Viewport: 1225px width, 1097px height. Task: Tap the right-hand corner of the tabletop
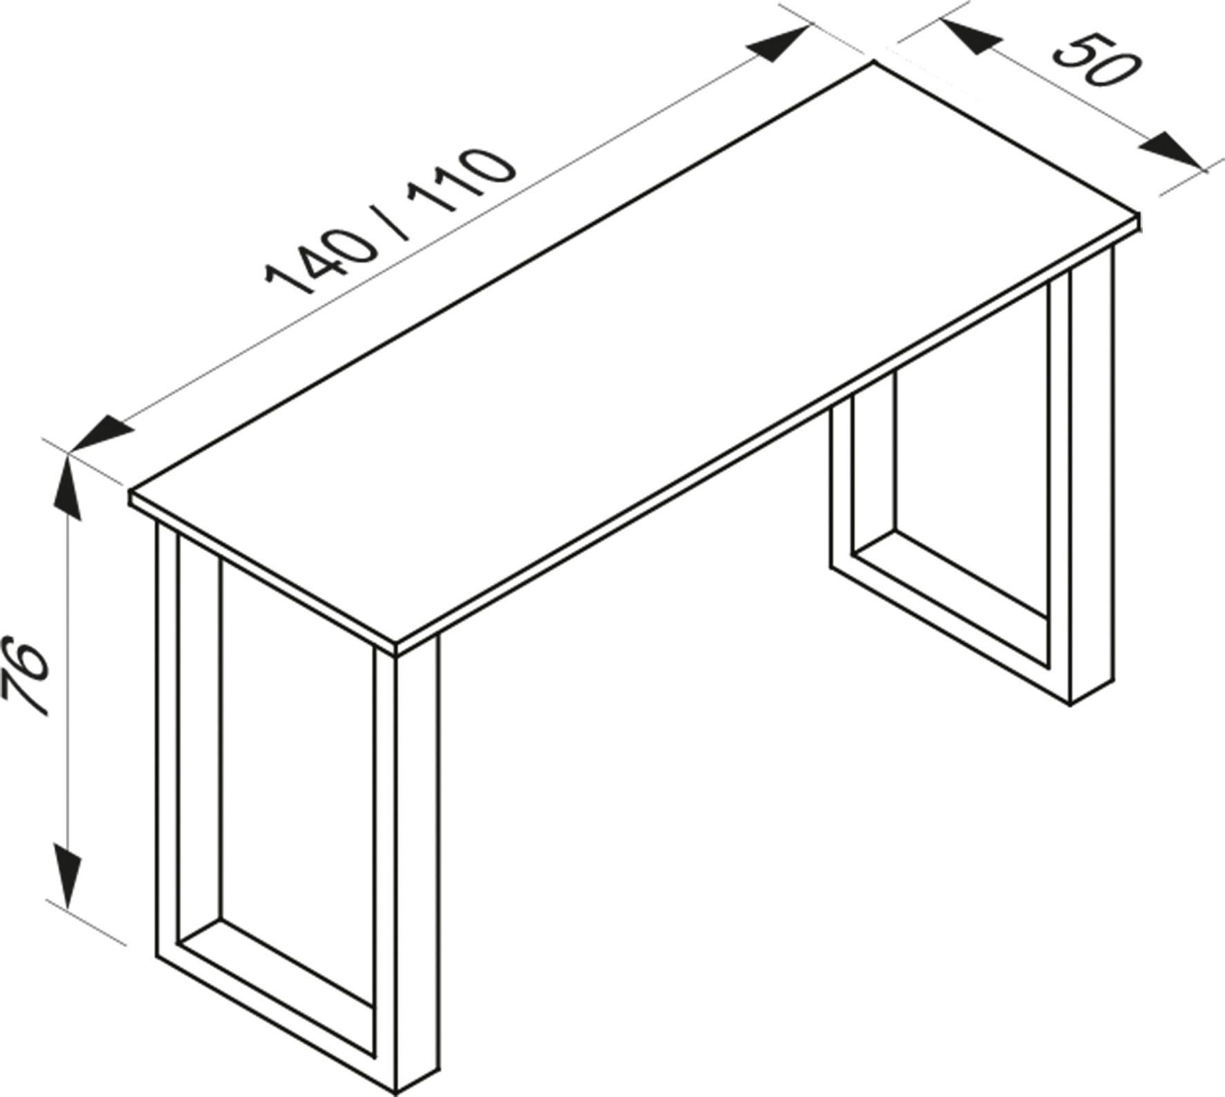click(x=1137, y=216)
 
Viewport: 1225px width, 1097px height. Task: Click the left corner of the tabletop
click(x=131, y=492)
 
